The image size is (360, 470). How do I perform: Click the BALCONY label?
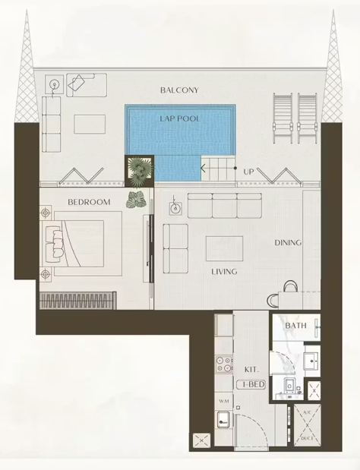tap(179, 90)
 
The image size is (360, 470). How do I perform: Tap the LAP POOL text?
tap(180, 118)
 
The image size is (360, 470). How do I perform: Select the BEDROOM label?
tap(89, 202)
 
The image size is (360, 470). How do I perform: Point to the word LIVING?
tap(224, 272)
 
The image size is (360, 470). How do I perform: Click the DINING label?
tap(288, 242)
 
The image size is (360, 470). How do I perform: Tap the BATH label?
tap(296, 325)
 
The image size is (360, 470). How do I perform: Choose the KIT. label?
tap(251, 370)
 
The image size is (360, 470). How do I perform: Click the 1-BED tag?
tap(251, 384)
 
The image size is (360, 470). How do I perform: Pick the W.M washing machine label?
tap(224, 401)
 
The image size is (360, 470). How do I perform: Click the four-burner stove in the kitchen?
tap(224, 364)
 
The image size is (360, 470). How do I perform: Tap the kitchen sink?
tap(223, 419)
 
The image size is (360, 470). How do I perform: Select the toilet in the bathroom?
tap(290, 386)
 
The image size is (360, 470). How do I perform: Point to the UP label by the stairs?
tap(248, 172)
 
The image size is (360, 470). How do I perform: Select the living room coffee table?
tap(224, 248)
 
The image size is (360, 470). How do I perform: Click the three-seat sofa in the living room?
tap(225, 205)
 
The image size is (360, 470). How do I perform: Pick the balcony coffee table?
tap(90, 124)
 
